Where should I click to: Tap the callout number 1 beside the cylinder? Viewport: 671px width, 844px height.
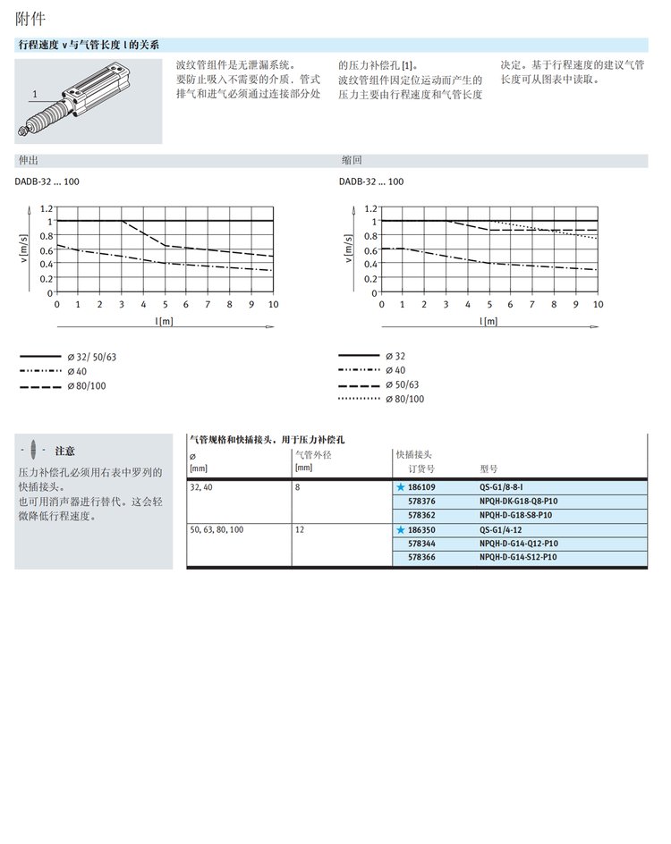click(x=34, y=93)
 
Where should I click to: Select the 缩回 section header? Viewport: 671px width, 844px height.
click(x=352, y=161)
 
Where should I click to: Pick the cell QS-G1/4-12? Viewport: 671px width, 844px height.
click(x=504, y=530)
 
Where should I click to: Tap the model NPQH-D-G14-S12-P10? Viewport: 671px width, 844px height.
click(x=518, y=557)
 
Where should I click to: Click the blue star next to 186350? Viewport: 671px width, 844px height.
click(x=401, y=530)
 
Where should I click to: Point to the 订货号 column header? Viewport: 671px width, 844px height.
click(x=421, y=468)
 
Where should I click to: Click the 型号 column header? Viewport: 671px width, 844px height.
click(x=489, y=468)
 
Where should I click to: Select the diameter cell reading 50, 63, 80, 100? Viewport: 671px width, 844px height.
click(x=216, y=530)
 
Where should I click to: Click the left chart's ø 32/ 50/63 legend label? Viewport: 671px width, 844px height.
click(x=92, y=358)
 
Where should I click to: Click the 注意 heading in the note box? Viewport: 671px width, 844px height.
click(x=64, y=451)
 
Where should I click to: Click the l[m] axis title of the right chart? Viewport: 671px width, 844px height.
click(x=489, y=320)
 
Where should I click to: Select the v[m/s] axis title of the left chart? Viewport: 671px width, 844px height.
click(x=24, y=250)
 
